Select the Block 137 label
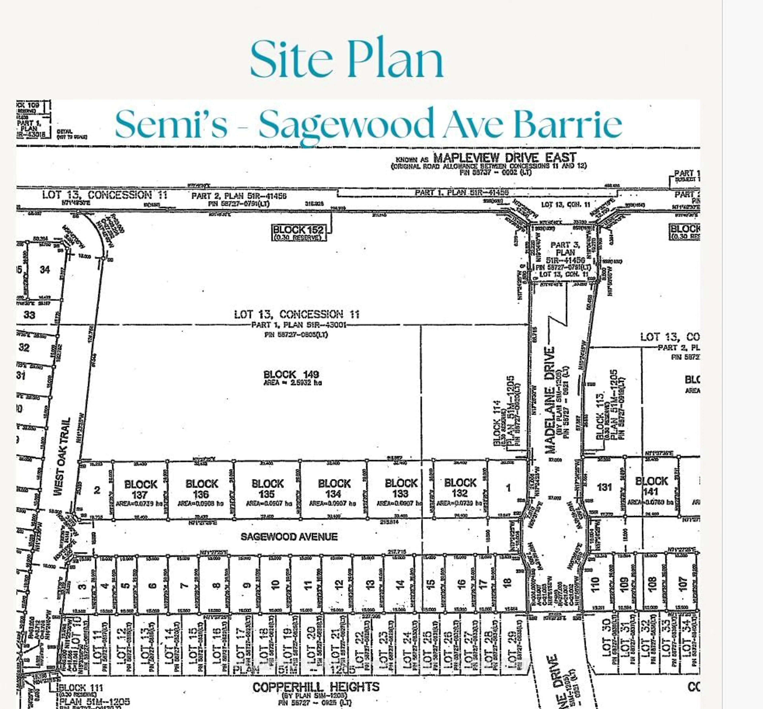point(140,489)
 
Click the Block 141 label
point(651,486)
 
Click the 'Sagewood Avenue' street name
point(289,536)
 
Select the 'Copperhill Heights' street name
point(316,687)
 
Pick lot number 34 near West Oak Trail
point(45,270)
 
